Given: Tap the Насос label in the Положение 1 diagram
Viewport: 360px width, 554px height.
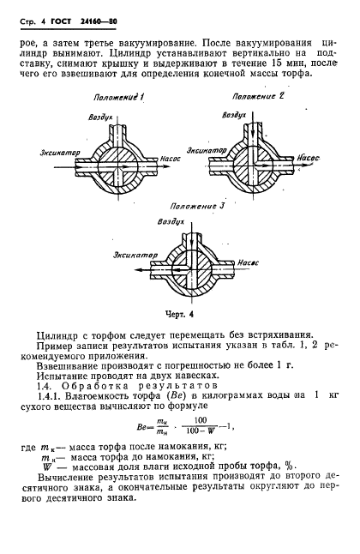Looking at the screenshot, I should [169, 159].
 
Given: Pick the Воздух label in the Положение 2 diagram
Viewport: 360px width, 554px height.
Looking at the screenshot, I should [234, 113].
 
